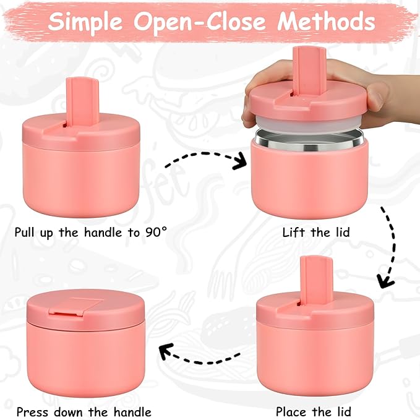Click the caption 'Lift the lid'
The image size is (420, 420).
coord(315,233)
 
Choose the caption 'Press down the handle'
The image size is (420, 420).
coord(84,411)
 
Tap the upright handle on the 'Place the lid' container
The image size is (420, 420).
coord(316,278)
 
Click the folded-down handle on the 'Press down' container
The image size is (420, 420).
coord(76,304)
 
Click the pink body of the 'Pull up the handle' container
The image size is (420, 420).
coord(81,179)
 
